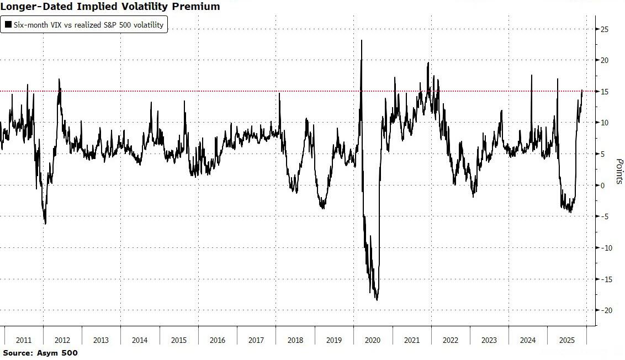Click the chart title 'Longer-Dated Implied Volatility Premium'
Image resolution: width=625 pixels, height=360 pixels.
(x=110, y=7)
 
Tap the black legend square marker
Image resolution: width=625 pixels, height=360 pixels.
(x=8, y=25)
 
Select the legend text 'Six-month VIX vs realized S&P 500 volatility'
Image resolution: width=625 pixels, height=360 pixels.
(x=88, y=25)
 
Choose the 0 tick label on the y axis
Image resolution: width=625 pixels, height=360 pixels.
(x=604, y=185)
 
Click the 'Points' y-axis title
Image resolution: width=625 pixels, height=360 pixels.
(x=619, y=171)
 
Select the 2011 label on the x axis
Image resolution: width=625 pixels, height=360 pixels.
(x=23, y=340)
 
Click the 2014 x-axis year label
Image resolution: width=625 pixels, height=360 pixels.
(x=140, y=340)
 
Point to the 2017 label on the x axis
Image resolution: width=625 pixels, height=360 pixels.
(x=256, y=340)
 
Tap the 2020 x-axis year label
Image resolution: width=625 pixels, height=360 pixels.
(x=373, y=340)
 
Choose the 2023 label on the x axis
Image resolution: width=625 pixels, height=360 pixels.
(x=489, y=340)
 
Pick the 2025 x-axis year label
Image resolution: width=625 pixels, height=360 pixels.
(x=567, y=340)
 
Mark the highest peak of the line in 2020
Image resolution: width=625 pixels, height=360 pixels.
(x=362, y=40)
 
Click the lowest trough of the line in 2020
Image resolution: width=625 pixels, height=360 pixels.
(x=377, y=300)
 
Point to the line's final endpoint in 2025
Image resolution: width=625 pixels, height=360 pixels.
(x=582, y=90)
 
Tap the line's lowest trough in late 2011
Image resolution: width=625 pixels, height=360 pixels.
(x=45, y=224)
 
